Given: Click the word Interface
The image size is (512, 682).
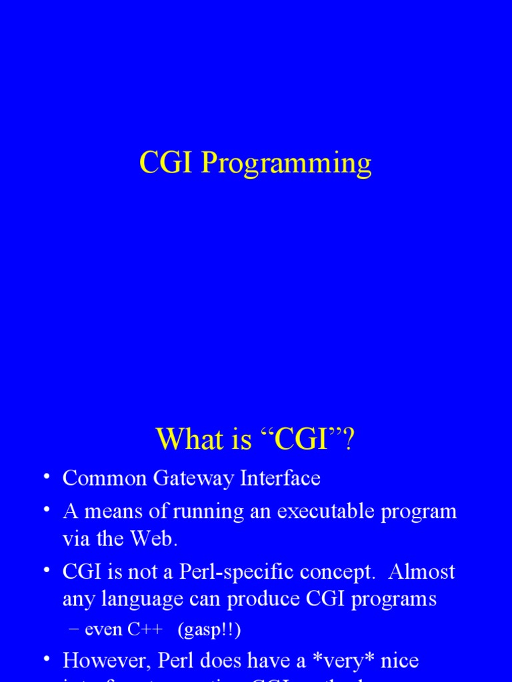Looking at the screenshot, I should tap(281, 478).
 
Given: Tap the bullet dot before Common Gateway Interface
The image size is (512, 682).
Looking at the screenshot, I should tap(46, 477).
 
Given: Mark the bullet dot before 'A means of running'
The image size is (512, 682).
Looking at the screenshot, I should tap(46, 510).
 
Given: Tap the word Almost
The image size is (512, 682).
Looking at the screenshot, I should tap(421, 571).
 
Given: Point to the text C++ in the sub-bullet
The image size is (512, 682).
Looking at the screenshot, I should tap(147, 629).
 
